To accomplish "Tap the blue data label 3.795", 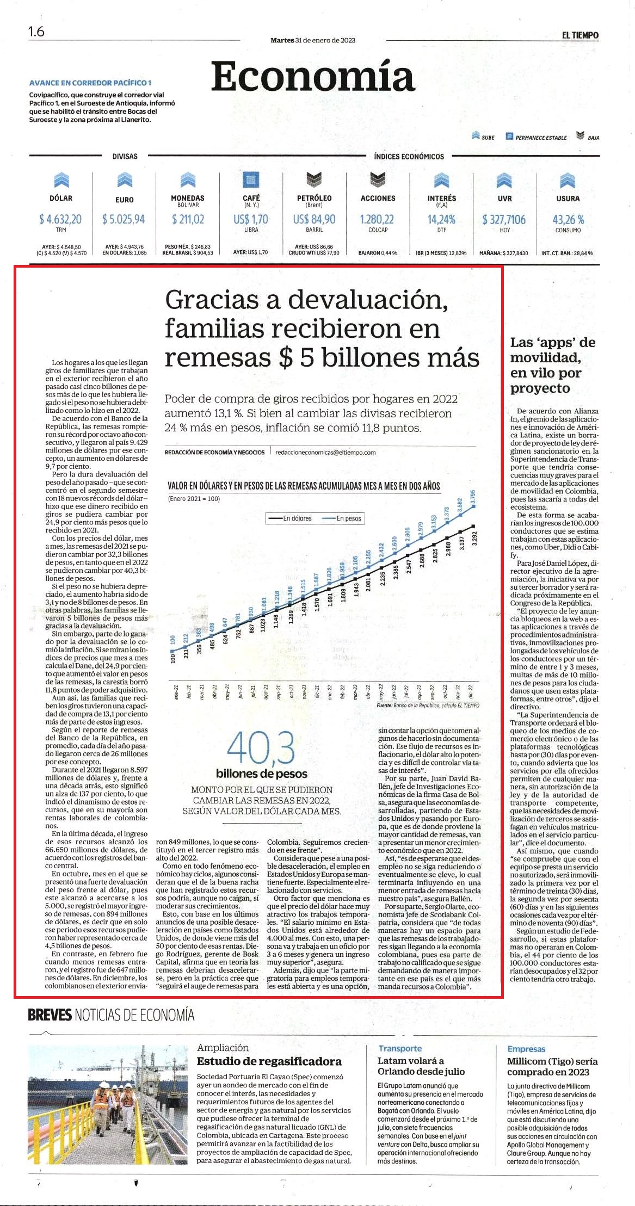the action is tap(473, 497).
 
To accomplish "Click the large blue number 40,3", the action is tap(261, 748).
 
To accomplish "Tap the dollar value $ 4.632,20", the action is tap(60, 219).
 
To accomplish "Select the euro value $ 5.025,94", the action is tap(124, 219).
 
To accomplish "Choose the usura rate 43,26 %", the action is tap(568, 219).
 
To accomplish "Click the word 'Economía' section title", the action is tap(313, 77).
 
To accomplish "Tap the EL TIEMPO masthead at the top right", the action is tap(580, 35).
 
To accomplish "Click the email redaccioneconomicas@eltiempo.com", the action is tap(325, 452).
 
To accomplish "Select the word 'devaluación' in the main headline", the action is tap(367, 299).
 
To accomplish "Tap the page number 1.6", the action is tap(36, 32).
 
